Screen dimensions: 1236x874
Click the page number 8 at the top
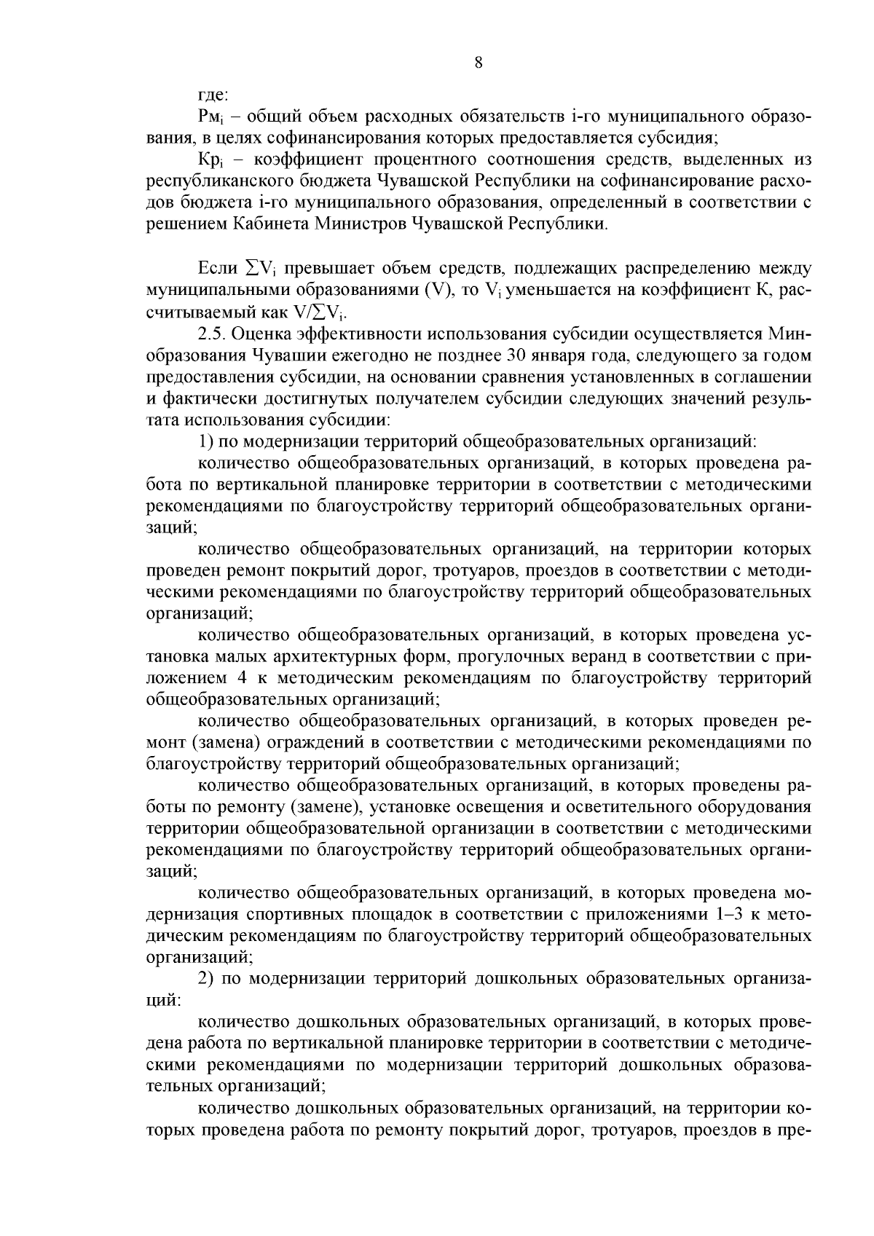(478, 63)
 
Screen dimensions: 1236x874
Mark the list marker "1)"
(206, 441)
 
